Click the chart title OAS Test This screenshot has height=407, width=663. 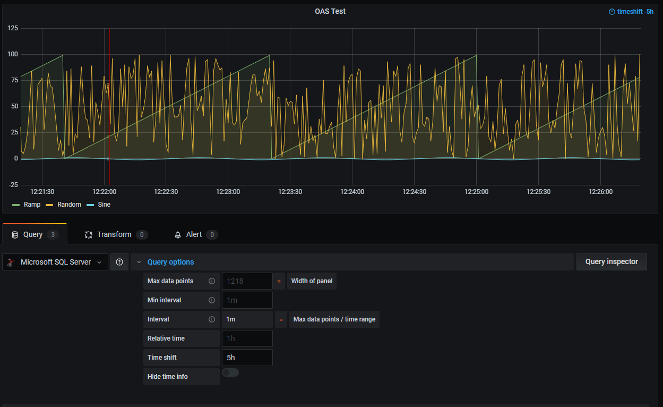(330, 11)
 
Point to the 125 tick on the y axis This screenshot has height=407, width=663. (13, 28)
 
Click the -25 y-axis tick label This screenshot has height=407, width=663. (13, 184)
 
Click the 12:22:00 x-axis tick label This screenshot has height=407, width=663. (104, 192)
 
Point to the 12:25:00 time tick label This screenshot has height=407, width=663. (477, 192)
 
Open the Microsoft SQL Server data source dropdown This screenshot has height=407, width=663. (55, 262)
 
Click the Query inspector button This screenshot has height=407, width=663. (612, 262)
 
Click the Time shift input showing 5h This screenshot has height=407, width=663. (247, 358)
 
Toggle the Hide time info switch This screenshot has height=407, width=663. (230, 372)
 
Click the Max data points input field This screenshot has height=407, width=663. (247, 281)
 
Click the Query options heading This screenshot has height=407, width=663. (170, 262)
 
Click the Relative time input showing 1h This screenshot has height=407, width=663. (247, 338)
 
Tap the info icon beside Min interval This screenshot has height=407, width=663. (212, 300)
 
